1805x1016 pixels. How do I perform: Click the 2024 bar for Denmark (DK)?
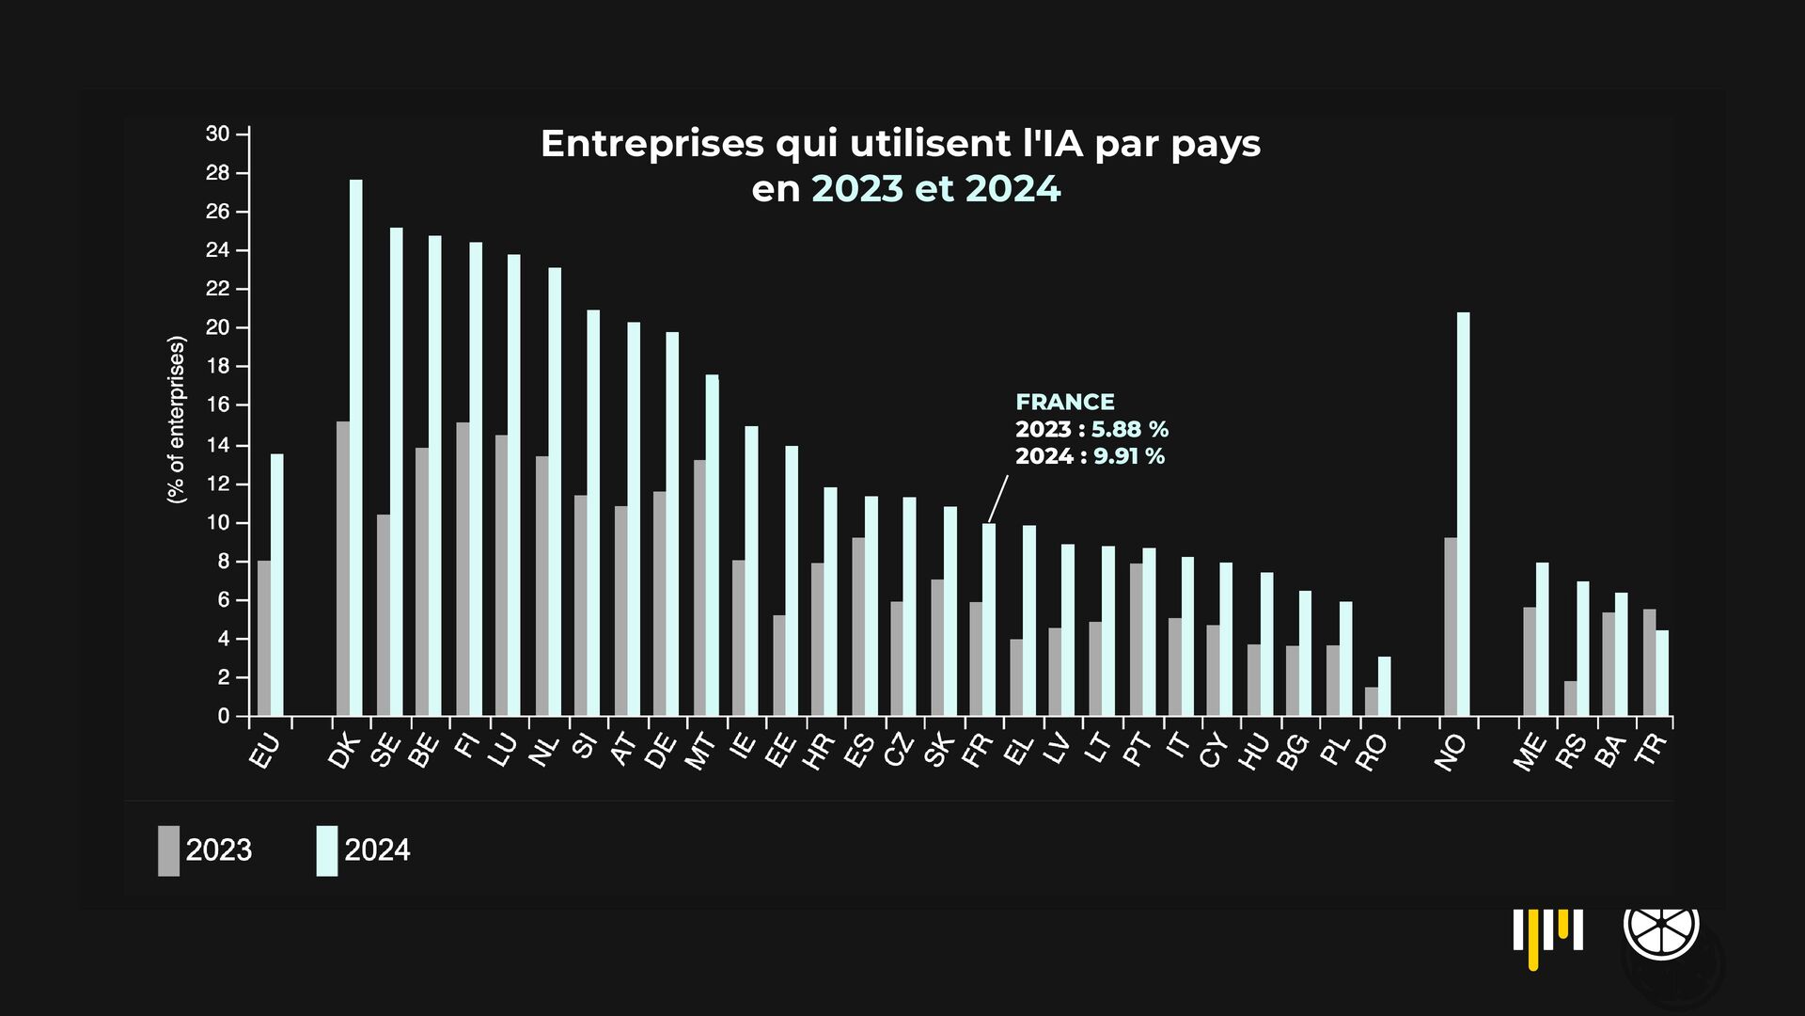[355, 448]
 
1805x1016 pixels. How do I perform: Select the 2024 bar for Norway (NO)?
[1463, 514]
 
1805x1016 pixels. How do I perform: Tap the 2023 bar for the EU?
[264, 638]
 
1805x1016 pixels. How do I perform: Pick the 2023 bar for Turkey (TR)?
[1649, 662]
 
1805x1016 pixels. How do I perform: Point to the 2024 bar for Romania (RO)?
[1384, 686]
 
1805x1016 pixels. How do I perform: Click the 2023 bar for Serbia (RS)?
[1570, 698]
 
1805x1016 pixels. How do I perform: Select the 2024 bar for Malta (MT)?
[712, 546]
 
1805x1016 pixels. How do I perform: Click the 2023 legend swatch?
[168, 850]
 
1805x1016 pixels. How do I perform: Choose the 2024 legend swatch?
[326, 850]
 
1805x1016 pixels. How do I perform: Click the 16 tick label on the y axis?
[218, 405]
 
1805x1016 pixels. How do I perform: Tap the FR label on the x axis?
[978, 750]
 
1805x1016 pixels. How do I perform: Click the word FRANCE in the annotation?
[1064, 403]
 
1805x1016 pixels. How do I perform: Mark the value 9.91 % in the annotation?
[1128, 456]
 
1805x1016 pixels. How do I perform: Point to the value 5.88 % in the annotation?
[1129, 430]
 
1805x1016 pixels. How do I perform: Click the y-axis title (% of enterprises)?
[176, 420]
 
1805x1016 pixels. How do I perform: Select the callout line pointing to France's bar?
[997, 499]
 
